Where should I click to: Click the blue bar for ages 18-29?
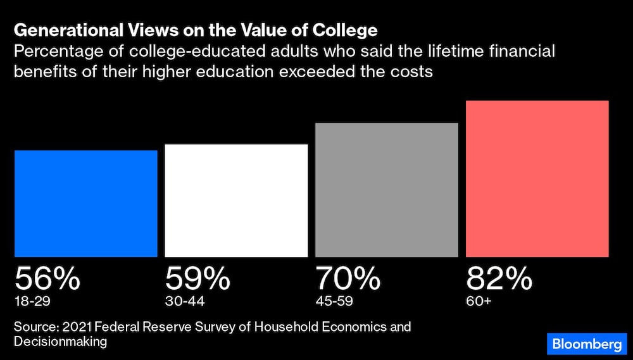click(86, 203)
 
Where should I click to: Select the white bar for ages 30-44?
click(236, 200)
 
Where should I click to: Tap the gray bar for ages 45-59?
click(386, 189)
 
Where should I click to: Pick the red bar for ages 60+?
click(537, 178)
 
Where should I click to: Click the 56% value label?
click(47, 278)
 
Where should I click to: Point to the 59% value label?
click(197, 278)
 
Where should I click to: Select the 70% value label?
click(348, 278)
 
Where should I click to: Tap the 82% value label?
click(499, 278)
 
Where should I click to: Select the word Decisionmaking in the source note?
click(61, 342)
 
